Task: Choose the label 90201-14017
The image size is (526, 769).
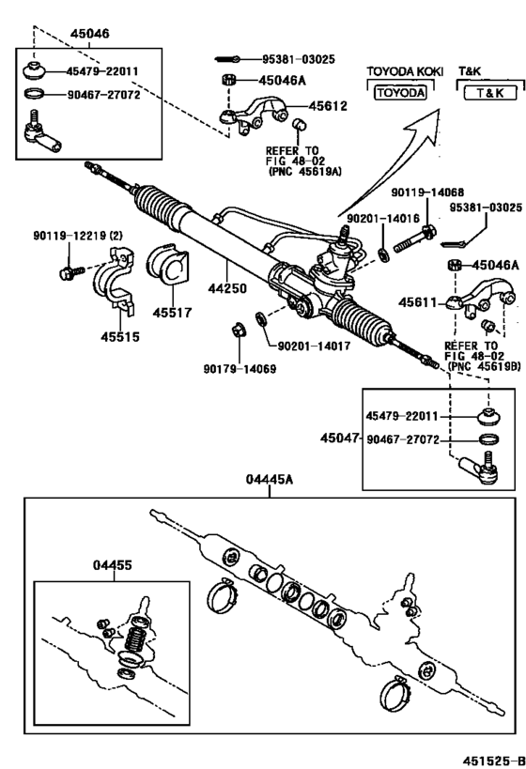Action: click(317, 346)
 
